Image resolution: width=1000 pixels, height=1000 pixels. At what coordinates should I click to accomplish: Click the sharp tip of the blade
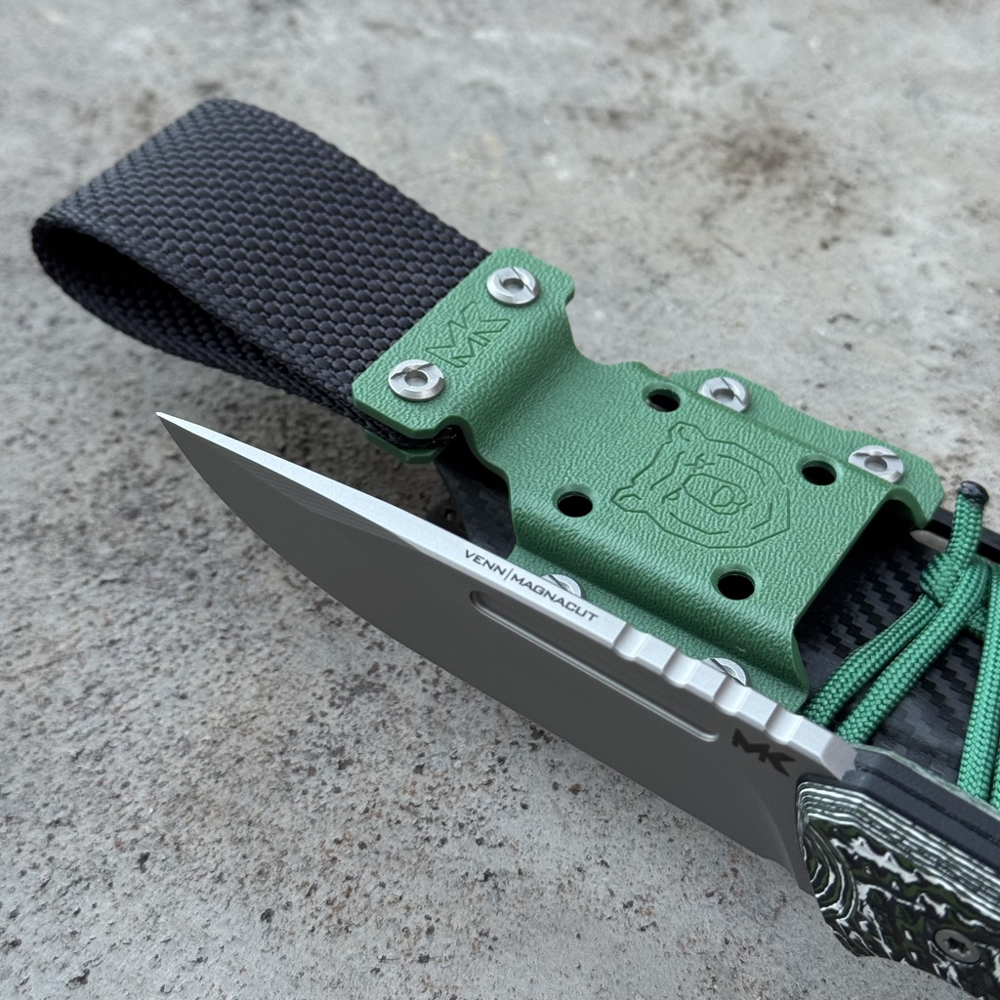pos(159,415)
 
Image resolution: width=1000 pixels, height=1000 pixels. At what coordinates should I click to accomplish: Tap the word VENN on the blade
pos(484,562)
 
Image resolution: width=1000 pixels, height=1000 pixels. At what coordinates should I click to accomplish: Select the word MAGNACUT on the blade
pos(556,599)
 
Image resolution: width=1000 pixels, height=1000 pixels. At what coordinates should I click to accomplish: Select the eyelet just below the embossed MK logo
pos(416,380)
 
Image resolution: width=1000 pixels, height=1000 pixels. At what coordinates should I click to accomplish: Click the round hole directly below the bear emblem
pos(735,585)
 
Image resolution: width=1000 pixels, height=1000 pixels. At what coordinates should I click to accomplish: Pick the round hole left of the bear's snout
pos(574,504)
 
